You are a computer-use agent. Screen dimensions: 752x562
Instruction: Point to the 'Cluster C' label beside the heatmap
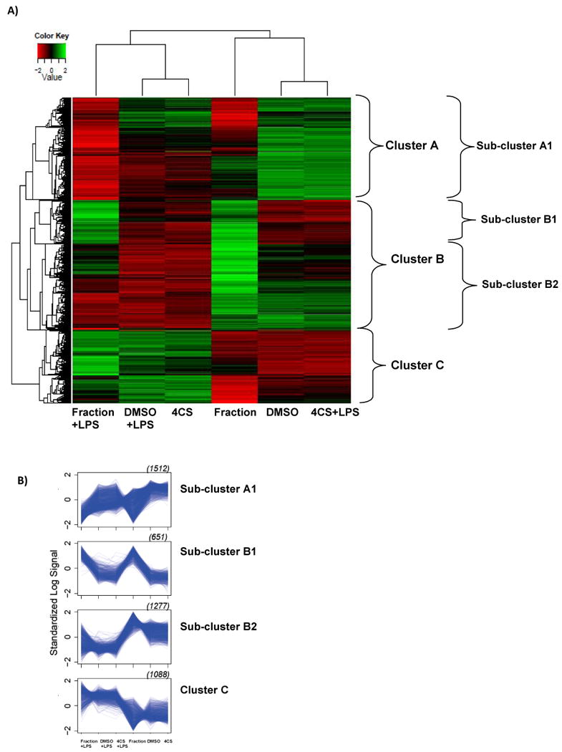pos(418,365)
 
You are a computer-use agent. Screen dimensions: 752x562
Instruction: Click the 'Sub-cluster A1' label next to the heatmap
pos(508,146)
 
